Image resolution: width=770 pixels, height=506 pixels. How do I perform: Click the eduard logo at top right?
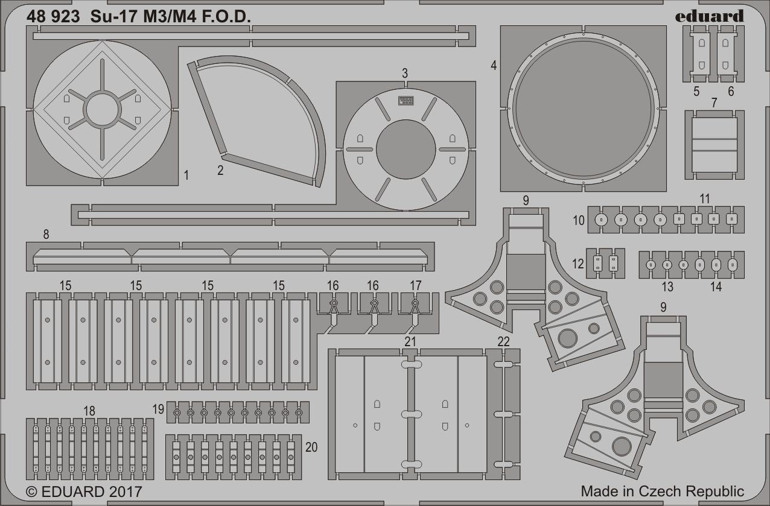pyautogui.click(x=709, y=16)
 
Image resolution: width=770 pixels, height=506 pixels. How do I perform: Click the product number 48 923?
pyautogui.click(x=53, y=17)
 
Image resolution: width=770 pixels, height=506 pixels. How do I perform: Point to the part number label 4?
pyautogui.click(x=494, y=66)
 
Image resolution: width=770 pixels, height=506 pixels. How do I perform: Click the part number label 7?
pyautogui.click(x=714, y=103)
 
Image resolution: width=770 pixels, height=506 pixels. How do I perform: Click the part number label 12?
pyautogui.click(x=578, y=264)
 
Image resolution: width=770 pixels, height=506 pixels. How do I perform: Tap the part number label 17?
pyautogui.click(x=415, y=285)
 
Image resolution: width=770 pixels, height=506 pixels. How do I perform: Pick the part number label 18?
pyautogui.click(x=89, y=411)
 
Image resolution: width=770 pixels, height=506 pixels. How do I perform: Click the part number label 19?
pyautogui.click(x=158, y=410)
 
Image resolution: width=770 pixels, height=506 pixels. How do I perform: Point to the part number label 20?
pyautogui.click(x=311, y=447)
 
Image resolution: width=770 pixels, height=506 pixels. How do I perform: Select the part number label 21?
pyautogui.click(x=410, y=341)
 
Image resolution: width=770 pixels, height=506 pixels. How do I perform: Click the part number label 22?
pyautogui.click(x=504, y=341)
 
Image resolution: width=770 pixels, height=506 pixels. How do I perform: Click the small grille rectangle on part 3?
pyautogui.click(x=406, y=101)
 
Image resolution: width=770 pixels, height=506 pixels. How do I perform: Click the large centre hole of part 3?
pyautogui.click(x=406, y=149)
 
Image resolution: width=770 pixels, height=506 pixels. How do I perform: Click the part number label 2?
pyautogui.click(x=220, y=170)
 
